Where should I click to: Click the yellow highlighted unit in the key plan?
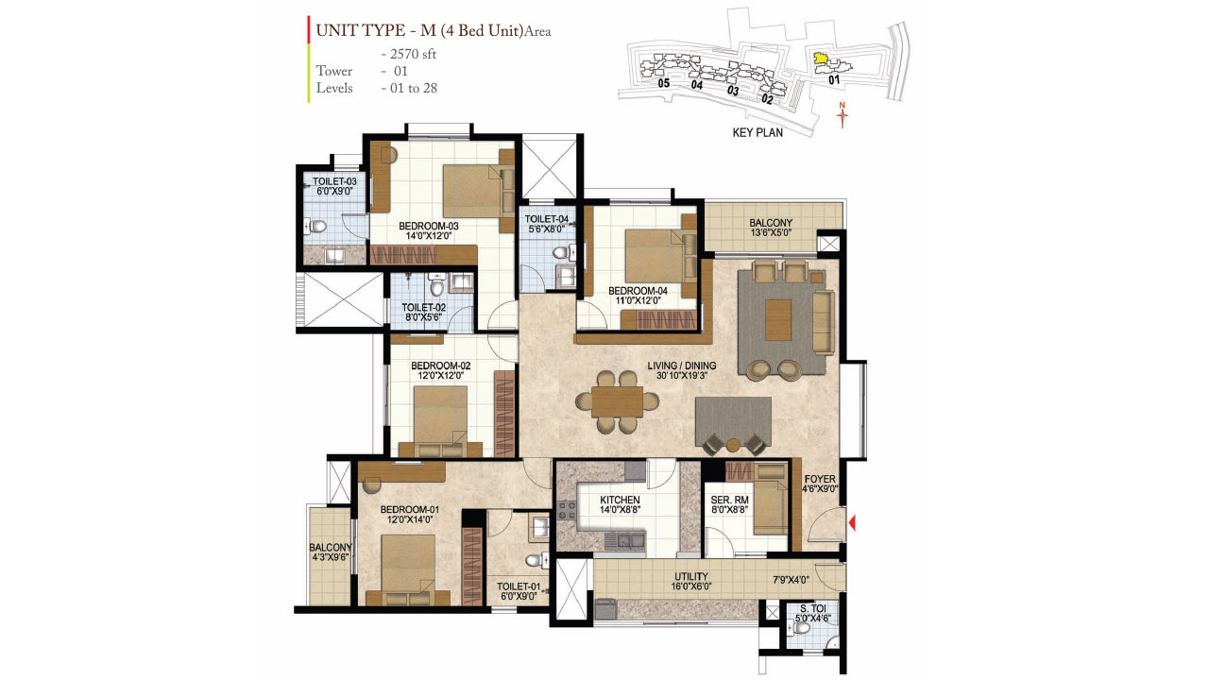(x=821, y=59)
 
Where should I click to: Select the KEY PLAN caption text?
(x=758, y=133)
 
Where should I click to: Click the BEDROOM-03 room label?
(x=428, y=226)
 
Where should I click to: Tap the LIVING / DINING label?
(x=681, y=365)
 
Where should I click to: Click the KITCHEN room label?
(x=620, y=500)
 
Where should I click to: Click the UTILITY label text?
(x=690, y=576)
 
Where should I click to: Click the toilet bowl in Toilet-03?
(x=319, y=227)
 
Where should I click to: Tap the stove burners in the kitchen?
(x=568, y=512)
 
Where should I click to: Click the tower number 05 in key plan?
(x=664, y=84)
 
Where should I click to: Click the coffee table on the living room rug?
(x=780, y=320)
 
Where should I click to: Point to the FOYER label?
(x=819, y=479)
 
